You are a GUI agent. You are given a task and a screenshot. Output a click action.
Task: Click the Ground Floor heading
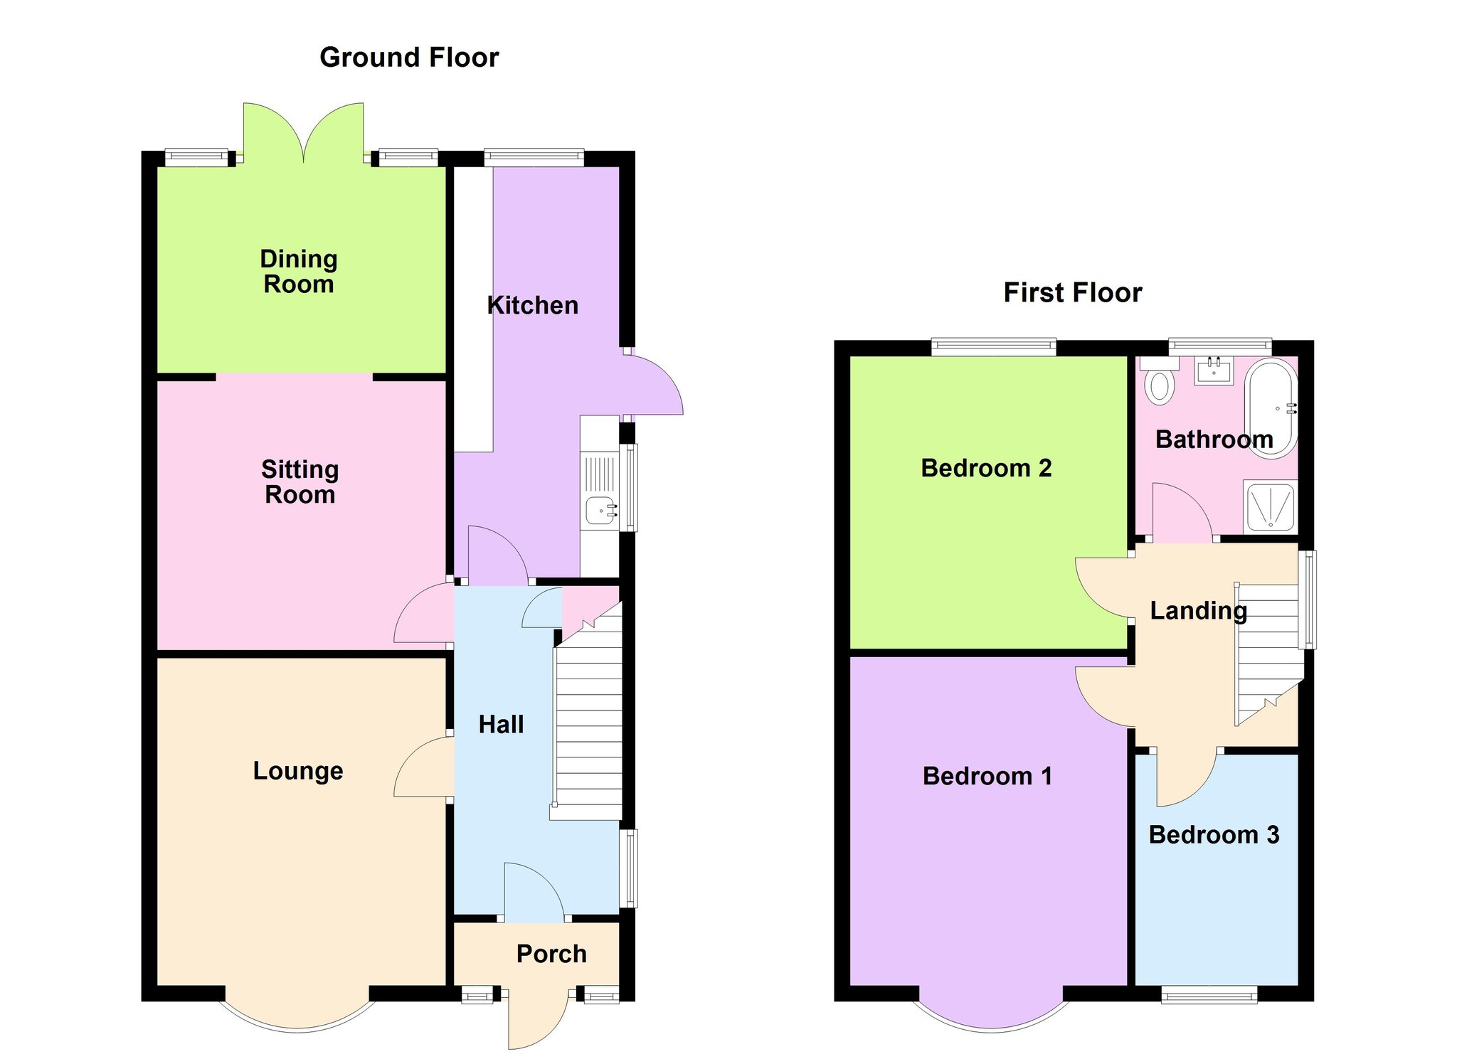[409, 58]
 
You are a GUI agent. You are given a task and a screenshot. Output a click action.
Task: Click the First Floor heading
[1072, 293]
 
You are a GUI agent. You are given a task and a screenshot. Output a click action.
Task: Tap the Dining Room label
[299, 272]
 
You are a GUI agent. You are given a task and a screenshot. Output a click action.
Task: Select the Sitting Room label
[300, 481]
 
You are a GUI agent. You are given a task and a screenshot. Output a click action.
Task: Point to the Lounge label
[298, 771]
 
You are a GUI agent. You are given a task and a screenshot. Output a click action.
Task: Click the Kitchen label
[532, 306]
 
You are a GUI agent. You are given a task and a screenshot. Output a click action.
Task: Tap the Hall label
[501, 725]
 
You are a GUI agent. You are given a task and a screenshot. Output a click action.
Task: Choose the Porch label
[551, 954]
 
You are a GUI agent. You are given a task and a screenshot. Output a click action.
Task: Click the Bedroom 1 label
[987, 776]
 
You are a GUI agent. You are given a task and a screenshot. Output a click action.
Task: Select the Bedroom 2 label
[986, 468]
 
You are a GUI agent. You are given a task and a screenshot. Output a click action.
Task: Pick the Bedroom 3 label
[1214, 835]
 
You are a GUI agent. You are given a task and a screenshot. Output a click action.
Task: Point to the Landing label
[1199, 611]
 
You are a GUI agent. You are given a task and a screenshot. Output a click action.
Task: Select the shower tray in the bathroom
[1270, 506]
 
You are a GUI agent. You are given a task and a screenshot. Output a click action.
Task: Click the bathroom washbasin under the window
[1213, 371]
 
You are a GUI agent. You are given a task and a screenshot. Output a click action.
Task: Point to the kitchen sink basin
[602, 510]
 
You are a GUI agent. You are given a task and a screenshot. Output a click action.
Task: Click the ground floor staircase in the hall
[588, 711]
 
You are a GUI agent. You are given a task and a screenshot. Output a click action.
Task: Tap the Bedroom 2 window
[994, 347]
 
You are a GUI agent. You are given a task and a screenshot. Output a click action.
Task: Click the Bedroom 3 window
[1209, 994]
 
